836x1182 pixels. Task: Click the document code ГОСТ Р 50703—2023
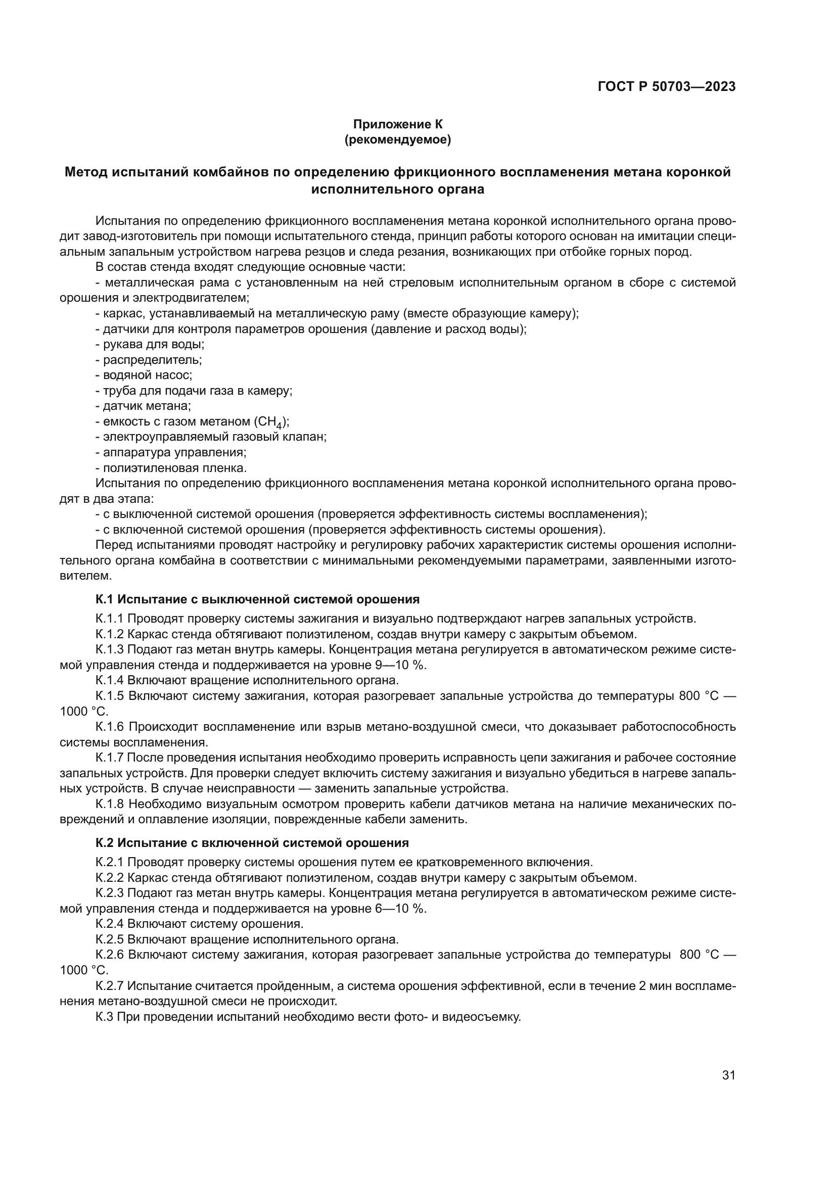(x=666, y=87)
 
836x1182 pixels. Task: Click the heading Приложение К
(x=397, y=124)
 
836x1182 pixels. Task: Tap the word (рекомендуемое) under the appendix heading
(x=397, y=140)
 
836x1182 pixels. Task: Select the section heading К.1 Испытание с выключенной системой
(x=257, y=599)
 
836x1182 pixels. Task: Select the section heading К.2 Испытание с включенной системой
(x=252, y=843)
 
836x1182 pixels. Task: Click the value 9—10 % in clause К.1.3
(x=401, y=665)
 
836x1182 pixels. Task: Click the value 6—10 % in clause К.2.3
(x=401, y=908)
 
